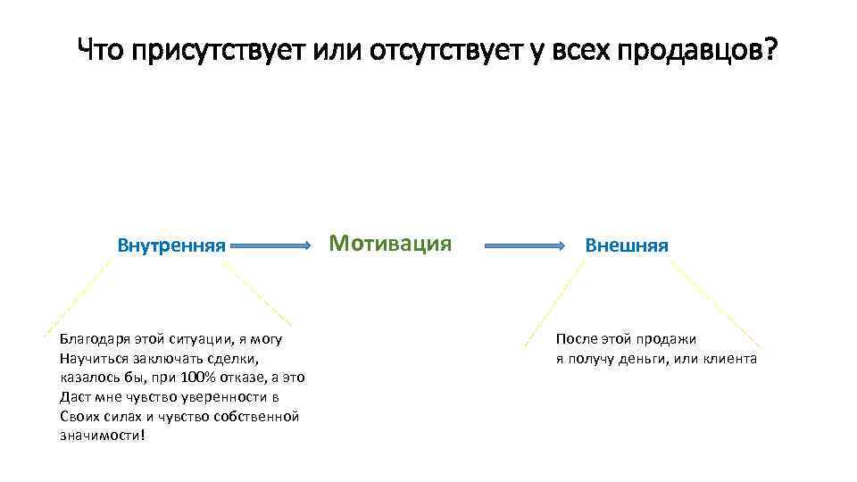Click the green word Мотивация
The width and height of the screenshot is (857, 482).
click(x=390, y=243)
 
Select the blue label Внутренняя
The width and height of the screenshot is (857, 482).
click(x=171, y=245)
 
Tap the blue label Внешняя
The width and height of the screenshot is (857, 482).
click(x=627, y=245)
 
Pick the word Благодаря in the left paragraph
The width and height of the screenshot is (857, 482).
click(x=95, y=339)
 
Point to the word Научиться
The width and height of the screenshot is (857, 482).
click(x=96, y=359)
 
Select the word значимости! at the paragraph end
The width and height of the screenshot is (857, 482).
click(x=101, y=436)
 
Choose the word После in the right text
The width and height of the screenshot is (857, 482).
click(x=577, y=339)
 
